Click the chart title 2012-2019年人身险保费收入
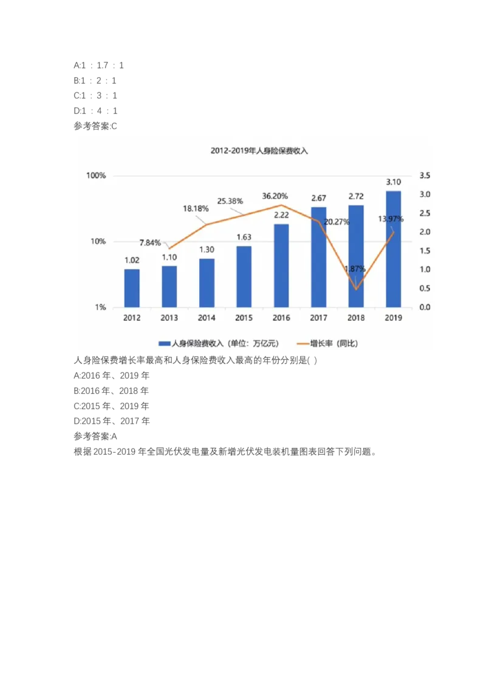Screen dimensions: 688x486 pyautogui.click(x=259, y=151)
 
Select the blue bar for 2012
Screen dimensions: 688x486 pyautogui.click(x=132, y=288)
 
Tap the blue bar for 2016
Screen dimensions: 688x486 pyautogui.click(x=281, y=266)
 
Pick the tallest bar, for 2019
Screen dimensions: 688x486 pyautogui.click(x=394, y=249)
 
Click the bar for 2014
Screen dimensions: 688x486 pyautogui.click(x=207, y=283)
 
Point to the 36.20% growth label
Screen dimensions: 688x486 pyautogui.click(x=275, y=196)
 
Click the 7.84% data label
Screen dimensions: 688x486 pyautogui.click(x=150, y=243)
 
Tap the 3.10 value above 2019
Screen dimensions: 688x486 pyautogui.click(x=394, y=182)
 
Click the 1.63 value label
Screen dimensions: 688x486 pyautogui.click(x=244, y=237)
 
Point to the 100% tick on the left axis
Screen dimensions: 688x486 pyautogui.click(x=96, y=176)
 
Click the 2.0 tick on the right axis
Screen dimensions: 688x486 pyautogui.click(x=425, y=232)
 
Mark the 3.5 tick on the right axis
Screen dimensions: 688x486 pyautogui.click(x=425, y=176)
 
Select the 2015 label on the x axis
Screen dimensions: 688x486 pyautogui.click(x=244, y=317)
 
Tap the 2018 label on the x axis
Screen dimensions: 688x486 pyautogui.click(x=356, y=317)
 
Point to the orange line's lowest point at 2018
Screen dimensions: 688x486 pyautogui.click(x=356, y=289)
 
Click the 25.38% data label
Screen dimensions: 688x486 pyautogui.click(x=230, y=201)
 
